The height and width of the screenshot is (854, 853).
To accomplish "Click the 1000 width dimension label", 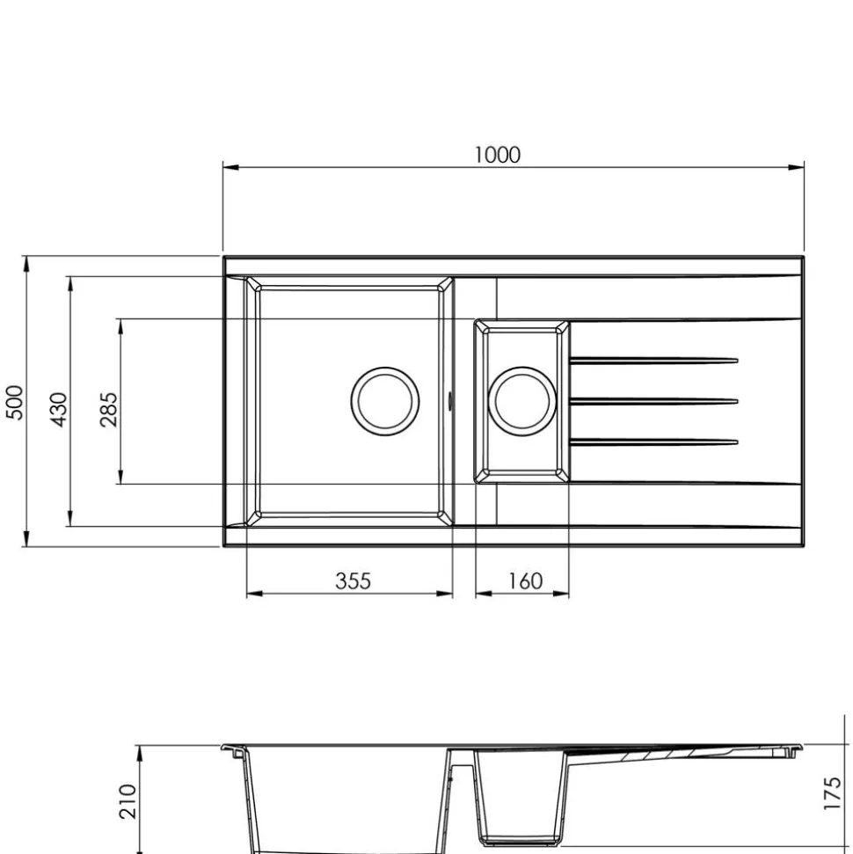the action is pyautogui.click(x=498, y=155).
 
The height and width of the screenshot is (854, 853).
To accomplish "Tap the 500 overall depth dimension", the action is pyautogui.click(x=15, y=403).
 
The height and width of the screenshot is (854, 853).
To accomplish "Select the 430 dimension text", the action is pyautogui.click(x=59, y=410).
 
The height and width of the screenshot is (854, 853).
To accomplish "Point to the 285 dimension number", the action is pyautogui.click(x=109, y=410).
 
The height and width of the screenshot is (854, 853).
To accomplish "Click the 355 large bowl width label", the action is pyautogui.click(x=353, y=581).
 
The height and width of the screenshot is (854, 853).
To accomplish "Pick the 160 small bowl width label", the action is pyautogui.click(x=526, y=581).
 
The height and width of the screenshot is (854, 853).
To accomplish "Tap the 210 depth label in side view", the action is pyautogui.click(x=128, y=801).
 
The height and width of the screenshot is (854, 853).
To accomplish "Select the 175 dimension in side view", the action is pyautogui.click(x=832, y=793).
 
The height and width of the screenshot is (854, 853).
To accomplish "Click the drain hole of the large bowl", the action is pyautogui.click(x=385, y=401).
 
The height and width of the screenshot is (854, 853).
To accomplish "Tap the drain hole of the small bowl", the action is pyautogui.click(x=522, y=401).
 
